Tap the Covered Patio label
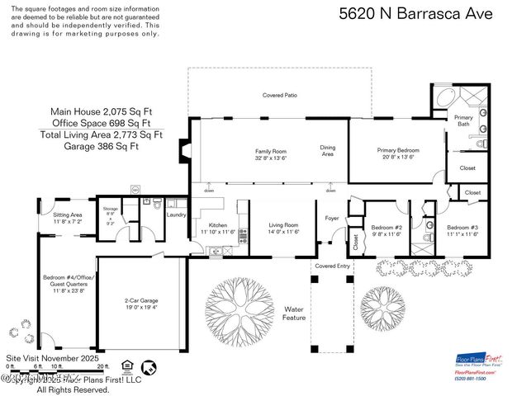[280, 96]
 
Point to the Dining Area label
[328, 151]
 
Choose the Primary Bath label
[463, 121]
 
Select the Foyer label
[332, 219]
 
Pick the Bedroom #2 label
[386, 230]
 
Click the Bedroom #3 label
[462, 230]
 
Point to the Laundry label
[176, 215]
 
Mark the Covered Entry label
[331, 266]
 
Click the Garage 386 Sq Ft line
[102, 146]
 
